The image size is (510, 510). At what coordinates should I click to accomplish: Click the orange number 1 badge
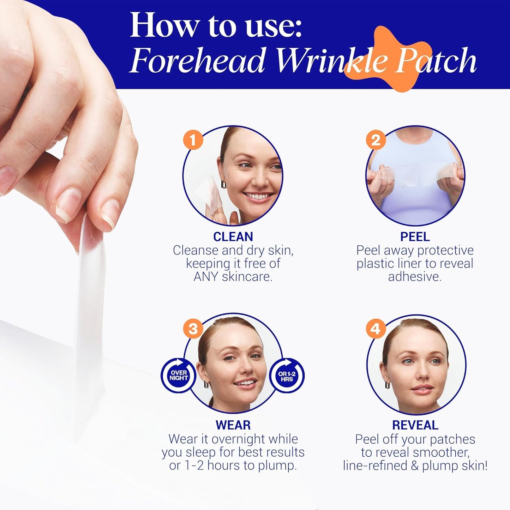tap(193, 140)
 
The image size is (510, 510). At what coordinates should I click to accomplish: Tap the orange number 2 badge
tap(376, 140)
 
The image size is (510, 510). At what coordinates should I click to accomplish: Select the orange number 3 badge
tap(193, 329)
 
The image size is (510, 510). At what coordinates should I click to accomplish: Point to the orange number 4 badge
tap(376, 329)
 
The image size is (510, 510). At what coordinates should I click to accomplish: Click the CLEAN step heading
tap(233, 236)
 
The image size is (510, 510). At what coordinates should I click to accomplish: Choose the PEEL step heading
tap(415, 236)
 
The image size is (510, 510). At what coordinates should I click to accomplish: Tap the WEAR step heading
tap(233, 425)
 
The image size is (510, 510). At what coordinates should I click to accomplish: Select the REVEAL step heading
tap(415, 425)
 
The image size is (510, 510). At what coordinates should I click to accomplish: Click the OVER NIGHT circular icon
tap(179, 375)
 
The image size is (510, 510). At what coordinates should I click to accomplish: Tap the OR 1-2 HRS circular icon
tap(287, 376)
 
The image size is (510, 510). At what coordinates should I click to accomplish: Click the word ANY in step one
tap(206, 276)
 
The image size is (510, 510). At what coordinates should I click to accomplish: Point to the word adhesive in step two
tap(415, 276)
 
